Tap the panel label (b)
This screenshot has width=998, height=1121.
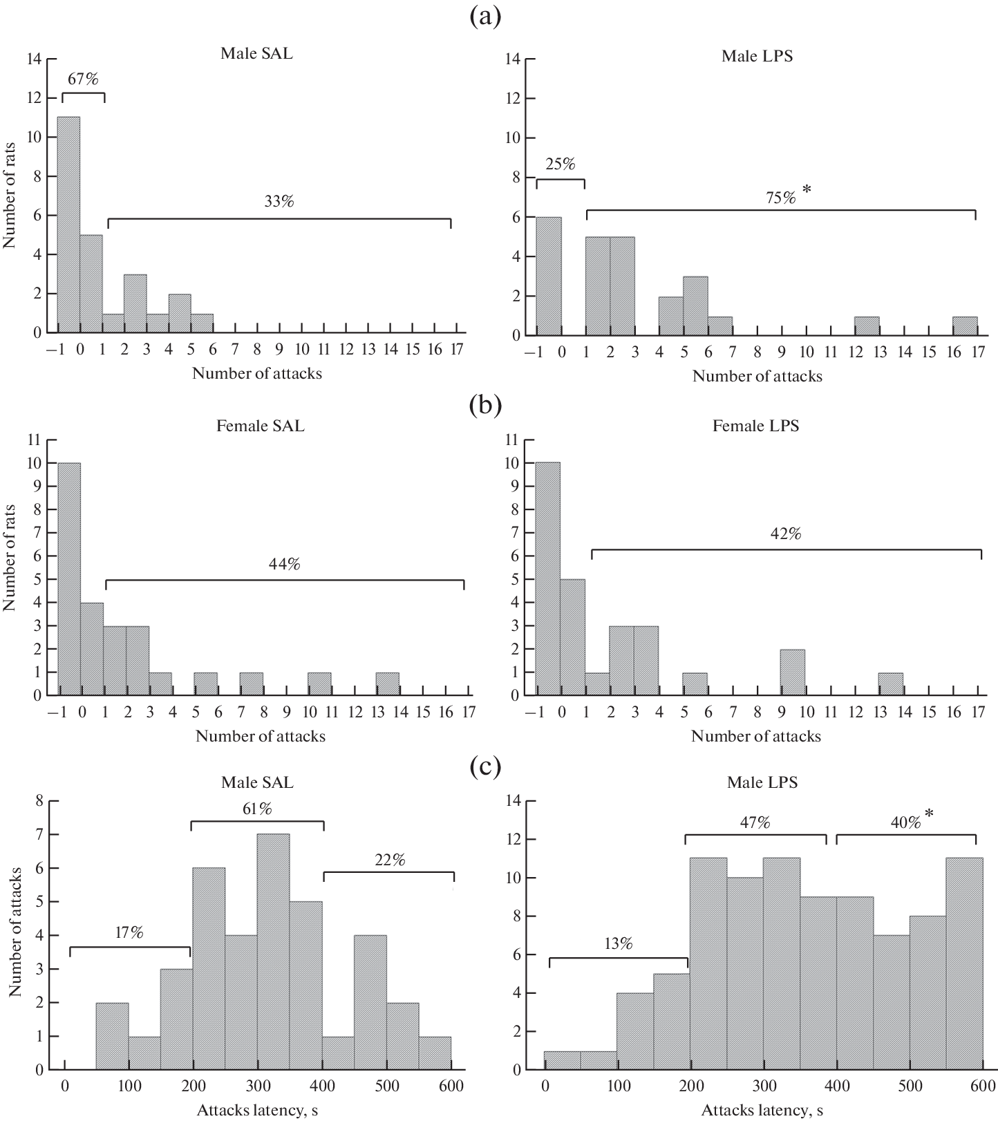(484, 404)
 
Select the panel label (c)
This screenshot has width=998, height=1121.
(484, 767)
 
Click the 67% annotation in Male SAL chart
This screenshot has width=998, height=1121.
(83, 79)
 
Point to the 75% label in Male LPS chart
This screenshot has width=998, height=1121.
(780, 197)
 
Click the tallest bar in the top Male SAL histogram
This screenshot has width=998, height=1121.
(68, 225)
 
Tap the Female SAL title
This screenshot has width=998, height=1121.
(260, 426)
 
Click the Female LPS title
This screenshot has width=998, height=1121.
(755, 426)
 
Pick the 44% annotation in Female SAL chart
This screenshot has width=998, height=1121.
(284, 565)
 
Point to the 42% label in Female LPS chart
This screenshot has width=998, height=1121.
(786, 534)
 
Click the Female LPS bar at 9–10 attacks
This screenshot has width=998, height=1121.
(792, 672)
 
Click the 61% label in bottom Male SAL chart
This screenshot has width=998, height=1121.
(256, 809)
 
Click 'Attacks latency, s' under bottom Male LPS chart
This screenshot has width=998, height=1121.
(762, 1111)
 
